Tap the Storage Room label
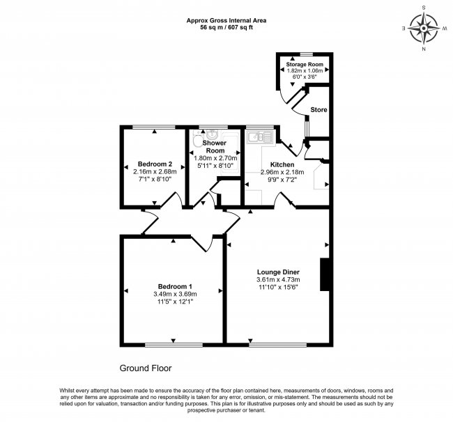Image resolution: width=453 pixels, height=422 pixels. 305,64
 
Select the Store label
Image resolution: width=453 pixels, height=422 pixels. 318,110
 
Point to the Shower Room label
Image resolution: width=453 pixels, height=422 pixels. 215,146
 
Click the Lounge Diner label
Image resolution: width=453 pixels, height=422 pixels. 276,273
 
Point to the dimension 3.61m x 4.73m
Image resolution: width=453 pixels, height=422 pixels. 276,281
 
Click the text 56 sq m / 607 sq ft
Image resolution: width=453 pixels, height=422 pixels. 226,28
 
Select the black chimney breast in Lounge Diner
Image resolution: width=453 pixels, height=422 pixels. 323,275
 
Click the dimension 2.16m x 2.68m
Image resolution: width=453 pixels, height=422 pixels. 153,171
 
